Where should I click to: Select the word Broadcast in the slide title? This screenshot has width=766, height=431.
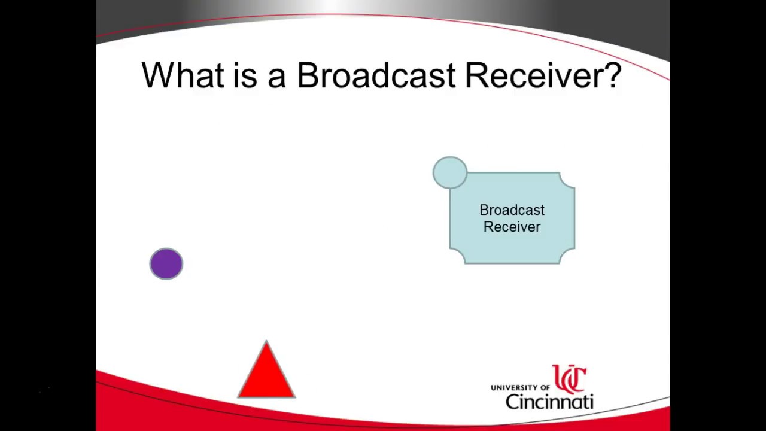(x=376, y=75)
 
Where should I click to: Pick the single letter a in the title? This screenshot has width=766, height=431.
(x=276, y=78)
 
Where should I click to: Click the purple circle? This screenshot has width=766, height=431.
(x=166, y=264)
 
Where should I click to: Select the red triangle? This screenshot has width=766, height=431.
(x=266, y=376)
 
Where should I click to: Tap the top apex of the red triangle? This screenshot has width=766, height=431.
(x=266, y=342)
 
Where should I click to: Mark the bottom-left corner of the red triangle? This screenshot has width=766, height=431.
(x=239, y=397)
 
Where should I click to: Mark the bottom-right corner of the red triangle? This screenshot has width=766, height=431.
(x=294, y=397)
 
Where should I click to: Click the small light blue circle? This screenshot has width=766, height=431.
(x=449, y=172)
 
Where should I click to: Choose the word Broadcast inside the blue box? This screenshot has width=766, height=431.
(x=512, y=210)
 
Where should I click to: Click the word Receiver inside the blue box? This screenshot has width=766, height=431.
(x=512, y=227)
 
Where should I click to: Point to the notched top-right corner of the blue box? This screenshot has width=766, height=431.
(x=567, y=180)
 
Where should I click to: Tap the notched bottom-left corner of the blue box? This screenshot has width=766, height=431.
(x=457, y=256)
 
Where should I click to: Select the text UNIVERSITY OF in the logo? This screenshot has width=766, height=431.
(x=520, y=388)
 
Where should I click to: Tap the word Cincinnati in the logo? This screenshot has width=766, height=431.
(x=549, y=401)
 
